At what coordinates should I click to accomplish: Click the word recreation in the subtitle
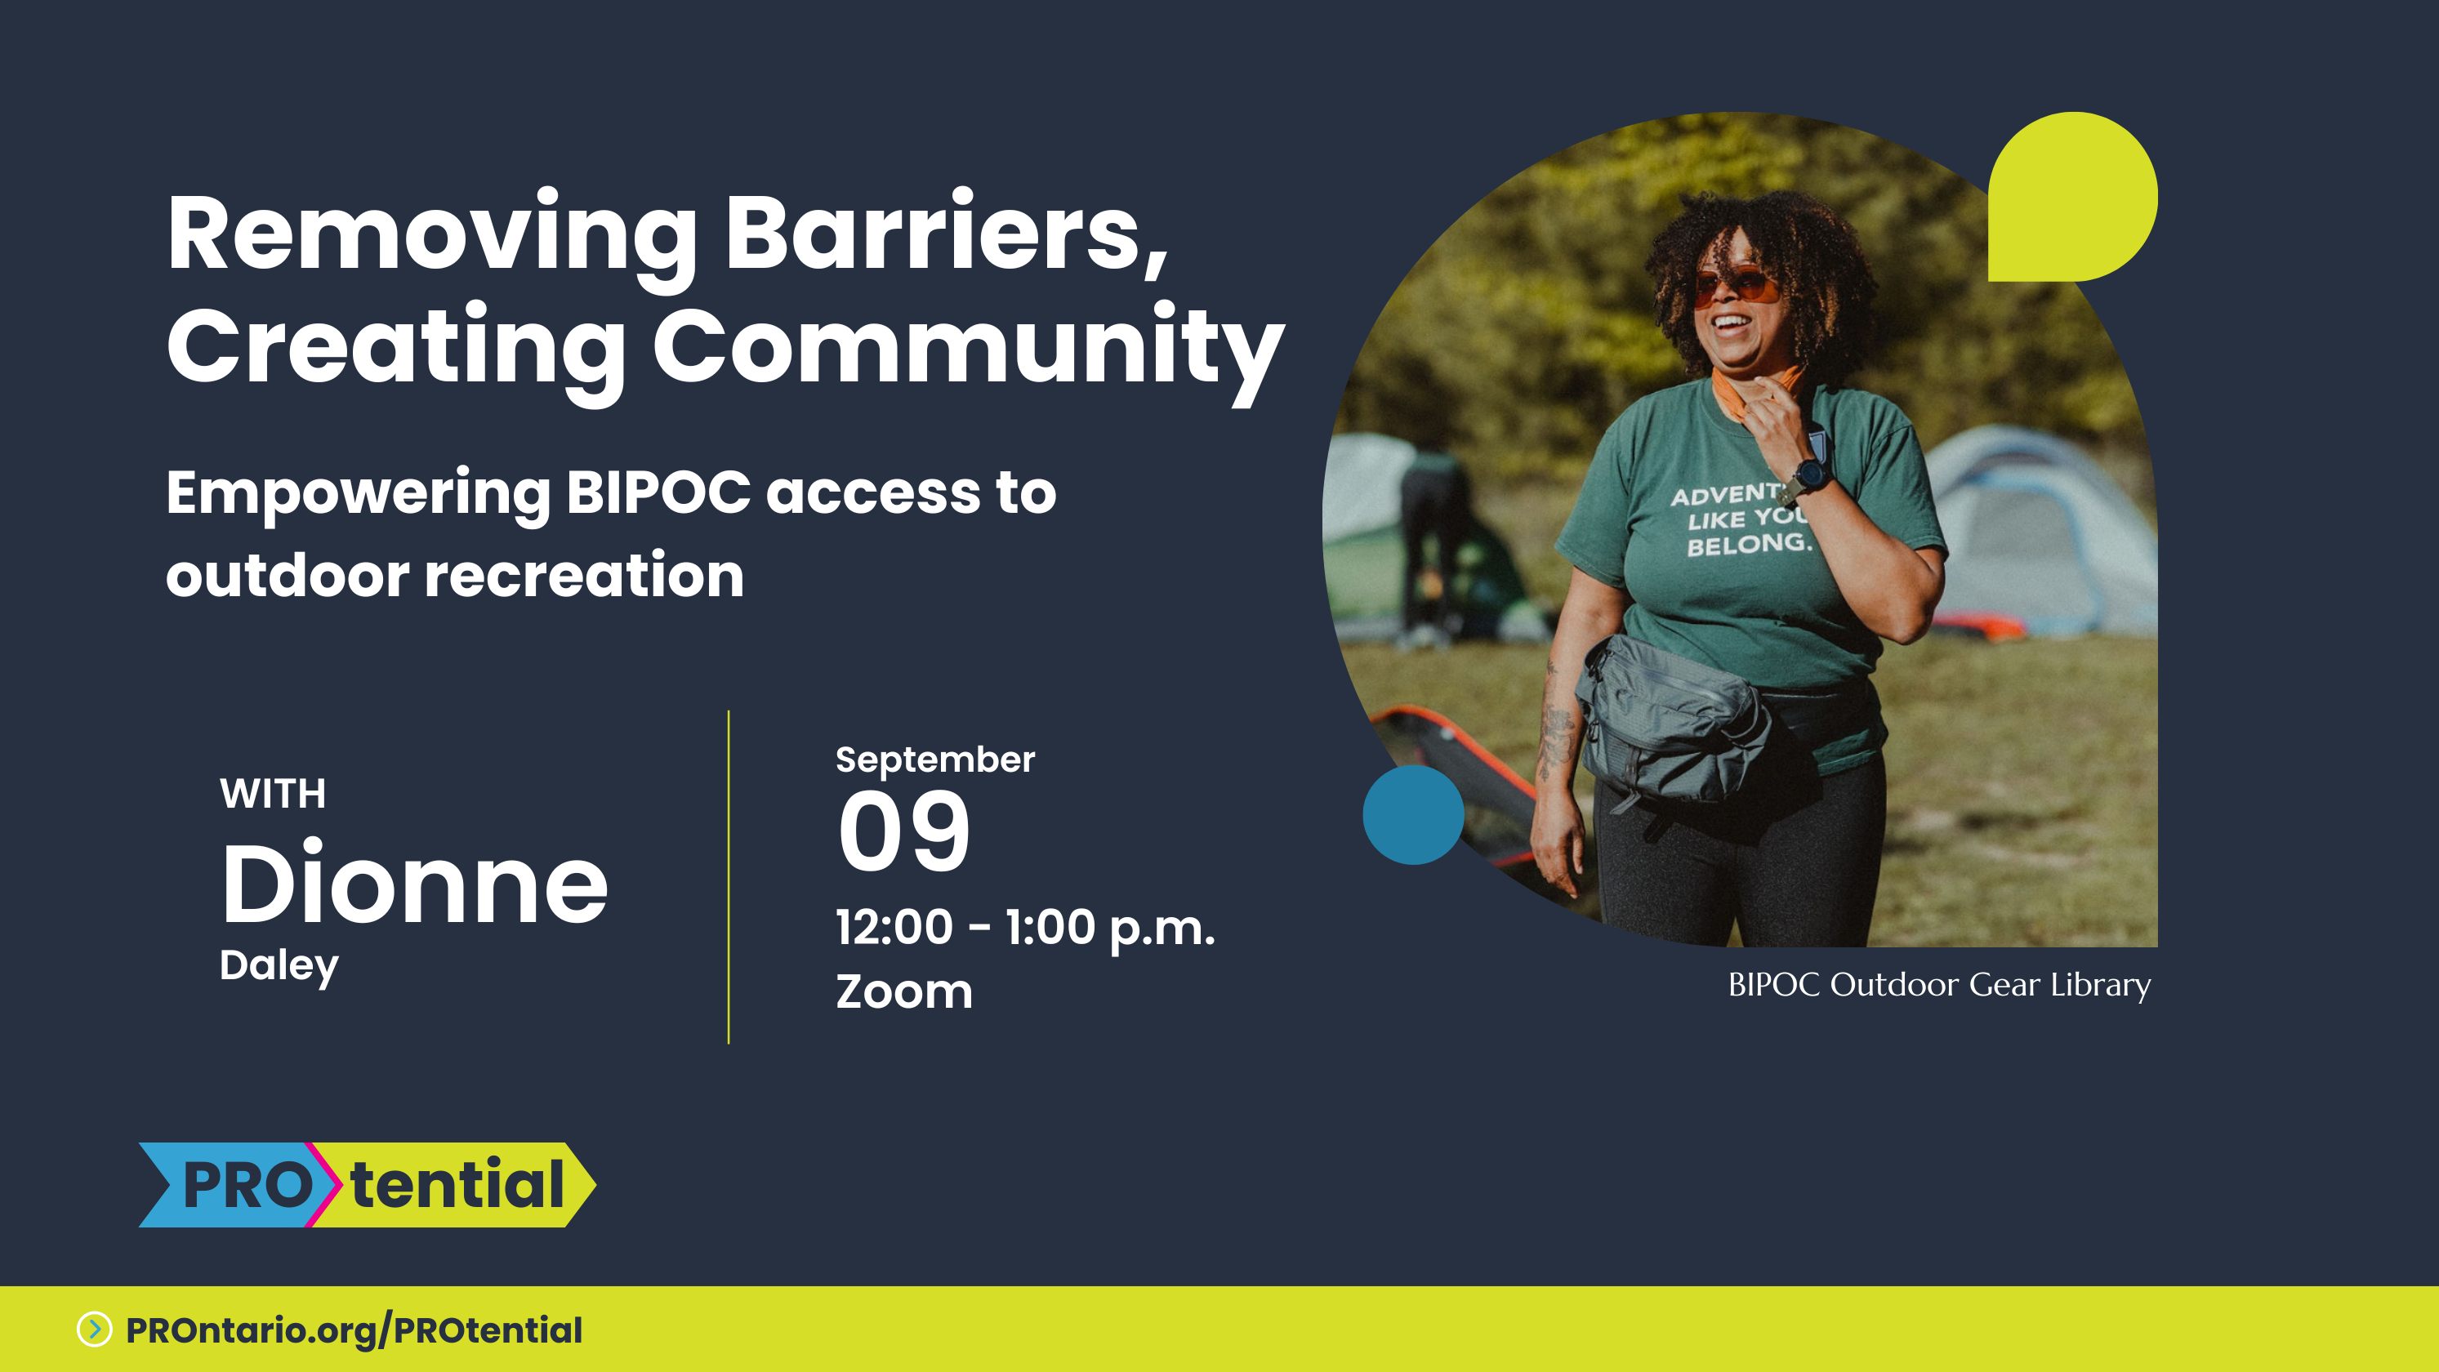(584, 575)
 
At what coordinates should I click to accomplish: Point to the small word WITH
(273, 794)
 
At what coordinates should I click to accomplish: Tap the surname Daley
(279, 967)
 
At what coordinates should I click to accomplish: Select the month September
(934, 760)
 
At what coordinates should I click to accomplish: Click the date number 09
(904, 831)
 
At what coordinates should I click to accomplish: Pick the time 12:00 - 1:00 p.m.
(1024, 929)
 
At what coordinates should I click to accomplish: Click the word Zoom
(903, 991)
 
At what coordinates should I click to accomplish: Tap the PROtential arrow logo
(368, 1184)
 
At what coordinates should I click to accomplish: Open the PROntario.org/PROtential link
(354, 1330)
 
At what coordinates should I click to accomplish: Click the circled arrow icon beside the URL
(95, 1330)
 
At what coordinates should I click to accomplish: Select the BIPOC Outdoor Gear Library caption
(1939, 986)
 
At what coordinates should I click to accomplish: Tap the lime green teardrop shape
(2072, 197)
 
